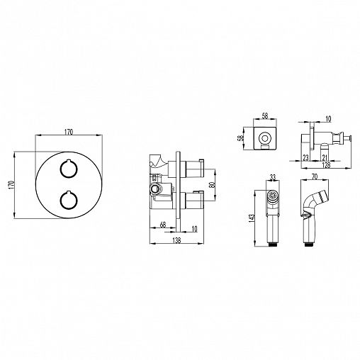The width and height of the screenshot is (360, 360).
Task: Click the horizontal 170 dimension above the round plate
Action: [69, 132]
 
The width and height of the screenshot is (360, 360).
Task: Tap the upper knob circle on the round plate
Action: [68, 169]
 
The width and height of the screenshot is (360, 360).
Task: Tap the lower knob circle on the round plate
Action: [68, 200]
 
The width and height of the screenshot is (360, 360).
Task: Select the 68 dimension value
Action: [163, 225]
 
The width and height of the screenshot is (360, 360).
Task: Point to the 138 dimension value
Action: [176, 240]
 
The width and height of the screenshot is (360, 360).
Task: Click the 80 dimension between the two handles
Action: [213, 185]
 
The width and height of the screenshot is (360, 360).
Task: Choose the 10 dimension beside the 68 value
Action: [194, 229]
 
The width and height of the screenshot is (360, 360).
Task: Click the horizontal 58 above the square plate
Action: [265, 116]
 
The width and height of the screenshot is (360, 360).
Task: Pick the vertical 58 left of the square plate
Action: [240, 138]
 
